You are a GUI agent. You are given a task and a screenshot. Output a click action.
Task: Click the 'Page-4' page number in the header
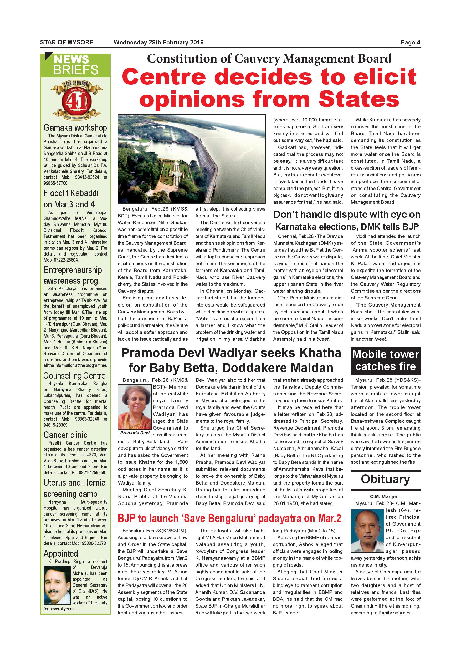tap(410, 43)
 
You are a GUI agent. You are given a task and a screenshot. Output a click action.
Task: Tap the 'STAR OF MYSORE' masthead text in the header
tap(67, 43)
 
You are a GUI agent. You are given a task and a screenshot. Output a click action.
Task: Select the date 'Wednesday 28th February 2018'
tap(158, 43)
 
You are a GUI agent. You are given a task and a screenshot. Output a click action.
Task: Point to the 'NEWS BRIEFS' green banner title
tap(75, 65)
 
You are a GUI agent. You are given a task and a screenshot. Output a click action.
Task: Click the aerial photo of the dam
tap(192, 159)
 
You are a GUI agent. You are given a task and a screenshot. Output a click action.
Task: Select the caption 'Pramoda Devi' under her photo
tap(135, 433)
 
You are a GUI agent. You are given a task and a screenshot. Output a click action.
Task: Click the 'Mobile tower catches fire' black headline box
tap(386, 361)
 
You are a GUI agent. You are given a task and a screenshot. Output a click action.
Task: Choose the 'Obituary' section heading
tap(385, 479)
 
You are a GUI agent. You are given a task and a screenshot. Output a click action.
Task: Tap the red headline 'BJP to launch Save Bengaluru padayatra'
tap(229, 518)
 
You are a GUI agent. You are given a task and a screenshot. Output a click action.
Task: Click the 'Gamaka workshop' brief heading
tap(75, 128)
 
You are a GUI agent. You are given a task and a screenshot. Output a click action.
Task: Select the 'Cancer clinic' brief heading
tap(65, 435)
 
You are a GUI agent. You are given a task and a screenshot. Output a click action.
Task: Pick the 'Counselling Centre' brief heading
tap(74, 376)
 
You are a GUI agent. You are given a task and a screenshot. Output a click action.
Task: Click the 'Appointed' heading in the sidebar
tap(61, 553)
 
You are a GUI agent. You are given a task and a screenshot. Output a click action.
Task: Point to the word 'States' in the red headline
tap(359, 99)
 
